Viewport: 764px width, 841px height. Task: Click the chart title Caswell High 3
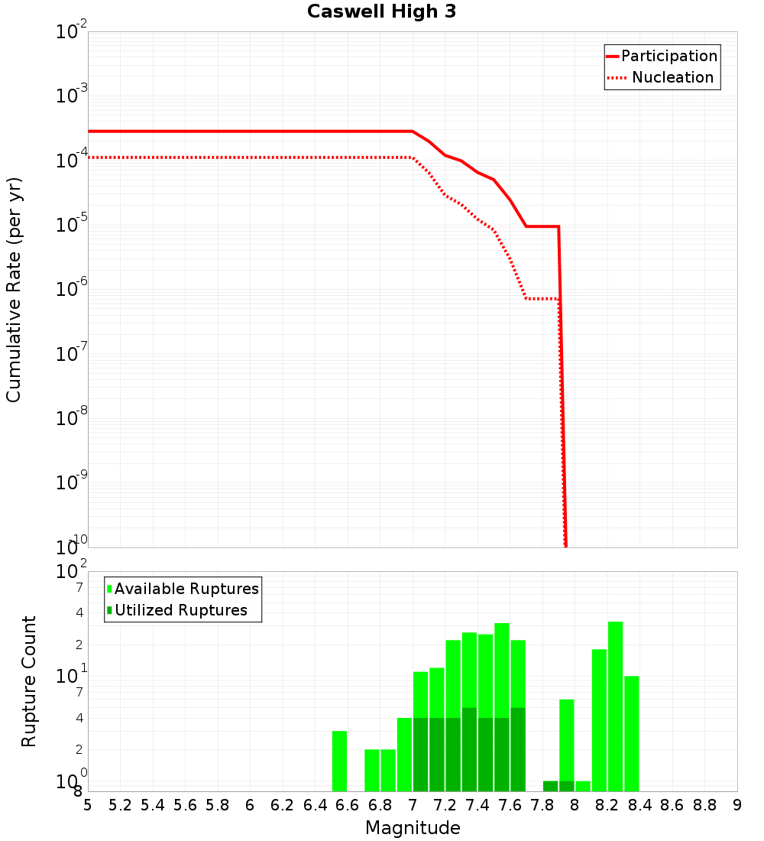(x=381, y=12)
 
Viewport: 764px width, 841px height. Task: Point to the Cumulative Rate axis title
(x=14, y=289)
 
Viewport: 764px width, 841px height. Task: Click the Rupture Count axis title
(x=29, y=680)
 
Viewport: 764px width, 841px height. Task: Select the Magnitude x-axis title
(x=413, y=828)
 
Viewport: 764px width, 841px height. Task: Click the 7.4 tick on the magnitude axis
(x=477, y=805)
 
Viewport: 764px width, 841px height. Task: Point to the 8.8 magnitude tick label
(x=704, y=805)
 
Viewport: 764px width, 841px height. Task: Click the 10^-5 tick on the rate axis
(x=72, y=225)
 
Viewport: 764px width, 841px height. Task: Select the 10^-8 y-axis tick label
(x=72, y=417)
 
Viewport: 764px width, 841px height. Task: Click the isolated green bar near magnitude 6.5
(x=339, y=761)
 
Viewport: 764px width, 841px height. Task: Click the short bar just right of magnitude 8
(x=583, y=786)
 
